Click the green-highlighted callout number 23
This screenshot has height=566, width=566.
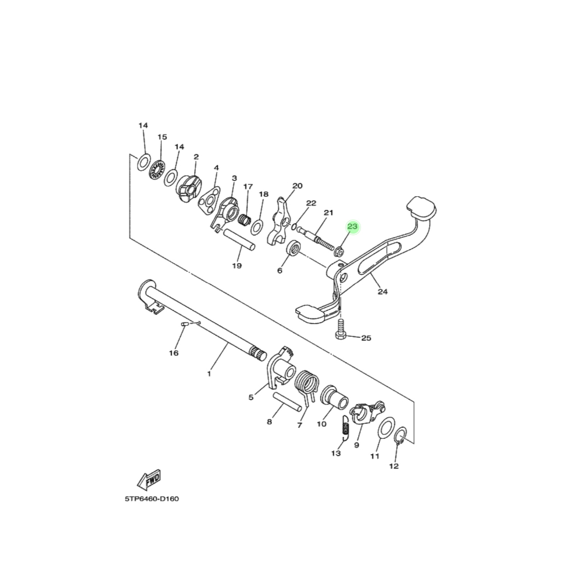(x=352, y=227)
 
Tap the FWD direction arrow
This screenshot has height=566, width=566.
(x=150, y=479)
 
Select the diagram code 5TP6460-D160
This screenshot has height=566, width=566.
(x=151, y=499)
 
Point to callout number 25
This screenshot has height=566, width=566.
(x=366, y=338)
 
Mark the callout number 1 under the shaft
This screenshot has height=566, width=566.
(x=209, y=374)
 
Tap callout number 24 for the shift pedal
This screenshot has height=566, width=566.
(x=382, y=292)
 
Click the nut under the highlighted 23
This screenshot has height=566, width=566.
(x=339, y=253)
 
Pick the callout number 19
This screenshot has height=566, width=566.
(x=237, y=266)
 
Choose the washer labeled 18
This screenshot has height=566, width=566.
(x=257, y=226)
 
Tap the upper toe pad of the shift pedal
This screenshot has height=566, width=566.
(x=421, y=207)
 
